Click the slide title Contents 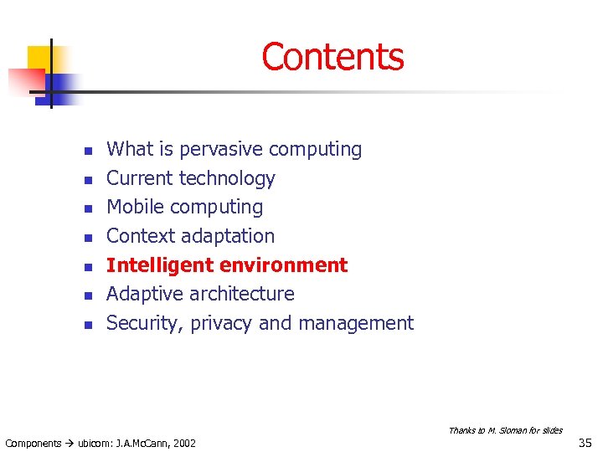coord(332,57)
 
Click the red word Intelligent coord(157,265)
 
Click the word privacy coord(222,324)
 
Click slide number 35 coord(585,441)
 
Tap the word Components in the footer coord(33,443)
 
